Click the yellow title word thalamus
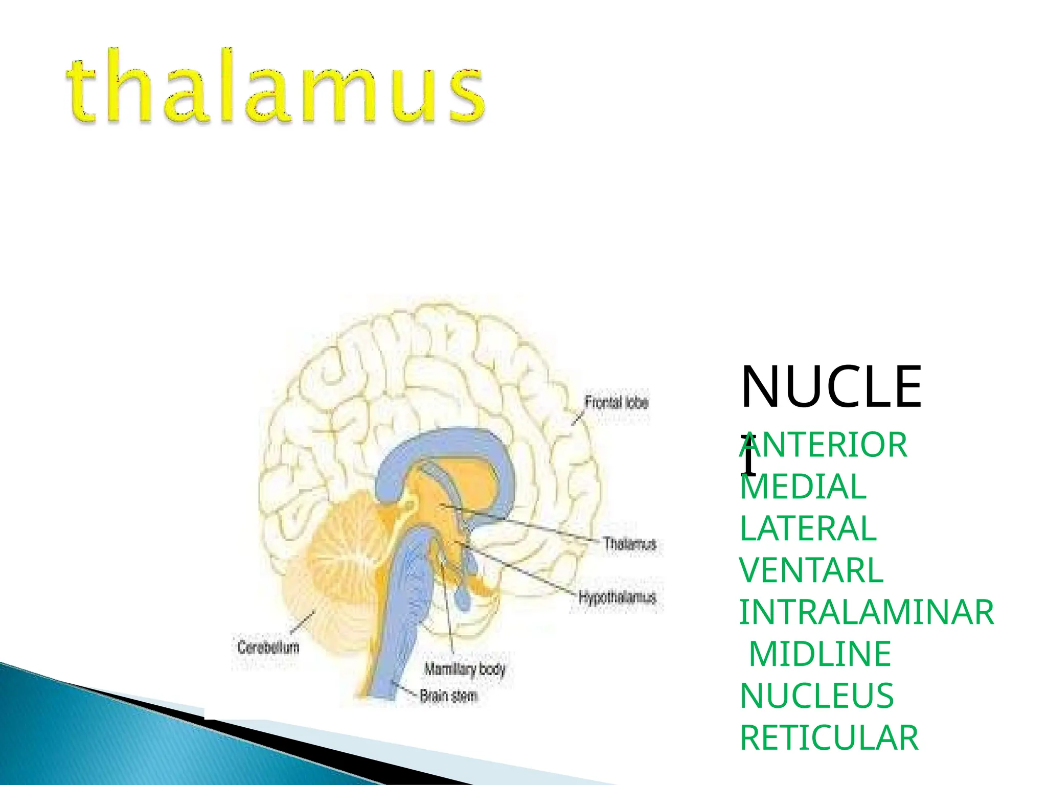276,87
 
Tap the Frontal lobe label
616,403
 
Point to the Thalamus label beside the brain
629,543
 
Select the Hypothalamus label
617,597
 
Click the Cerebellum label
268,648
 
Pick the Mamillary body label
465,669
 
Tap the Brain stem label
448,696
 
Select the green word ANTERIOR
823,445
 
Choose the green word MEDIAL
803,487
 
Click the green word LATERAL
808,528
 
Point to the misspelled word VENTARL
811,570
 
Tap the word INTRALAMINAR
867,612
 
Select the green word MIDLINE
820,654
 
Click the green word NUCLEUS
816,696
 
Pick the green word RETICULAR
829,738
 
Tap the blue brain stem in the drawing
404,613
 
